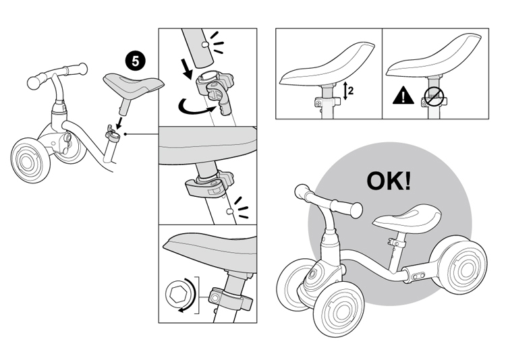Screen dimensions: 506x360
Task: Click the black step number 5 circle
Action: (136, 61)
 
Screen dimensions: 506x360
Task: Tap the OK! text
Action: (389, 181)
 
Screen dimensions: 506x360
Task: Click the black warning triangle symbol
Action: (403, 96)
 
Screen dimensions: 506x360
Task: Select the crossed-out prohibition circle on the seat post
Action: (434, 97)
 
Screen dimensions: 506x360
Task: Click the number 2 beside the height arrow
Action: (351, 90)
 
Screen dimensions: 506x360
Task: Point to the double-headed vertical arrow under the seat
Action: (345, 90)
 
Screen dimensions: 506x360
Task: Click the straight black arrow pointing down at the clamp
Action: (188, 68)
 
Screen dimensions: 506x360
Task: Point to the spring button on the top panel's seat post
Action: (204, 44)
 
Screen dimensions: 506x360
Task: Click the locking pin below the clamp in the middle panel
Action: (229, 212)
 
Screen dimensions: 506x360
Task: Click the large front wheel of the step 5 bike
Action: (30, 160)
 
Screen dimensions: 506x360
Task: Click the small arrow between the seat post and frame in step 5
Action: (120, 123)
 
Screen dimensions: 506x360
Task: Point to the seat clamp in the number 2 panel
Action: (327, 102)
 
